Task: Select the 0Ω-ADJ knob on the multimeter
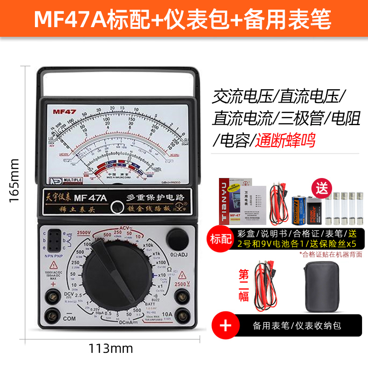coord(178,238)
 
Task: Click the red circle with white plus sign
coord(225,325)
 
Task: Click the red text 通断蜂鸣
coord(286,140)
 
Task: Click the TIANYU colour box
coord(230,201)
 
